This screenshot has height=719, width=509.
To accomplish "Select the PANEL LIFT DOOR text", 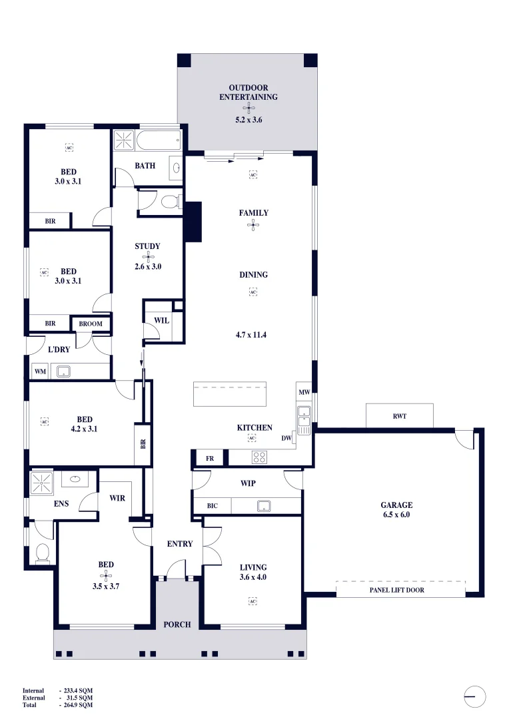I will pyautogui.click(x=396, y=590).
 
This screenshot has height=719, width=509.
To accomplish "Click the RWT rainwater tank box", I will pyautogui.click(x=399, y=416).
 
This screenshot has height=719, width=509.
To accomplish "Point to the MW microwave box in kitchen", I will pyautogui.click(x=304, y=392).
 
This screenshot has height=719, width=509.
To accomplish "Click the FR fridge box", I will pyautogui.click(x=209, y=459).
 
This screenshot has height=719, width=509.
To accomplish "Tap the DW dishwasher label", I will pyautogui.click(x=286, y=438).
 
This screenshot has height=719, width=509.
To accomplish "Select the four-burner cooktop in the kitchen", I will pyautogui.click(x=259, y=457).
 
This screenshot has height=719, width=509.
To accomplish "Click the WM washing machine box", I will pyautogui.click(x=40, y=371).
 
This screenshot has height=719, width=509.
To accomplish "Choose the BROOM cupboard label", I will pyautogui.click(x=91, y=324).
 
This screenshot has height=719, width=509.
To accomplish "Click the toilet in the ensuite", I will pyautogui.click(x=42, y=552).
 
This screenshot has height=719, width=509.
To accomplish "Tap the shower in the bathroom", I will pyautogui.click(x=123, y=140).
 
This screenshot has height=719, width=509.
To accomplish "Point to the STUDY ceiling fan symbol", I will pyautogui.click(x=148, y=256).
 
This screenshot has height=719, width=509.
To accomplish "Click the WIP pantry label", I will pyautogui.click(x=248, y=483).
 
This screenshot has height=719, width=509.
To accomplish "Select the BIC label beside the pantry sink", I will pyautogui.click(x=212, y=506).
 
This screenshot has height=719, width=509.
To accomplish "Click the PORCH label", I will pyautogui.click(x=177, y=624).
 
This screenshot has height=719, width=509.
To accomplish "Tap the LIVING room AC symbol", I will pyautogui.click(x=253, y=602).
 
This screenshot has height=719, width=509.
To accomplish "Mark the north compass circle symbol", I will pyautogui.click(x=474, y=696).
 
